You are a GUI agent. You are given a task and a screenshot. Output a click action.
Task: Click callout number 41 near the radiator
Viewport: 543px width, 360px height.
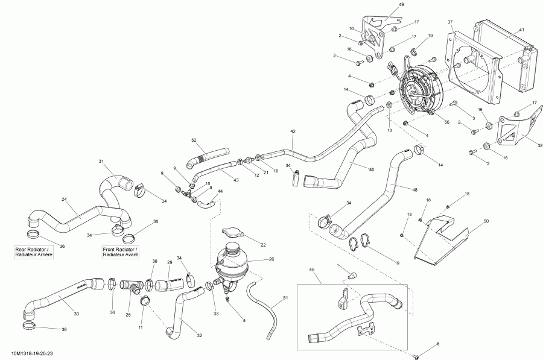coord(521,30)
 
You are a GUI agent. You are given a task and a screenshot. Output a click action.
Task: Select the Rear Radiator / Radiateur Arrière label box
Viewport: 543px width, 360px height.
coord(34,252)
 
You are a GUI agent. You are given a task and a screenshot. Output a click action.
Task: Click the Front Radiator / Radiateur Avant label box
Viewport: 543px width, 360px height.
coord(121,252)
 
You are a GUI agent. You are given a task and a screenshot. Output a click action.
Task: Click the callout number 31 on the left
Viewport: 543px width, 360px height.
coord(101,161)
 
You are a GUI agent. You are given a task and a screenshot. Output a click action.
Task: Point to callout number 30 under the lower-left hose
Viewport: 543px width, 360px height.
coord(76,314)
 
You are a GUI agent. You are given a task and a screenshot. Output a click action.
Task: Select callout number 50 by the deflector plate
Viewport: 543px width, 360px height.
coord(486,222)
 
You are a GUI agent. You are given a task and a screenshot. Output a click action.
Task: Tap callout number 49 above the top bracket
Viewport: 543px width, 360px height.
coord(401,5)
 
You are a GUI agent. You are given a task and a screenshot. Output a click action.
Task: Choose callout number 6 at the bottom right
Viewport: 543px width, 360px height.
coord(438,344)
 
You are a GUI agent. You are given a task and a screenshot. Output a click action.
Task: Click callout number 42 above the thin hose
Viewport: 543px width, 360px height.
coord(293,131)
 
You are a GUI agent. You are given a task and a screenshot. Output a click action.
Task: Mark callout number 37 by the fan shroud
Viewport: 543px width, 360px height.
coord(450,22)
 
